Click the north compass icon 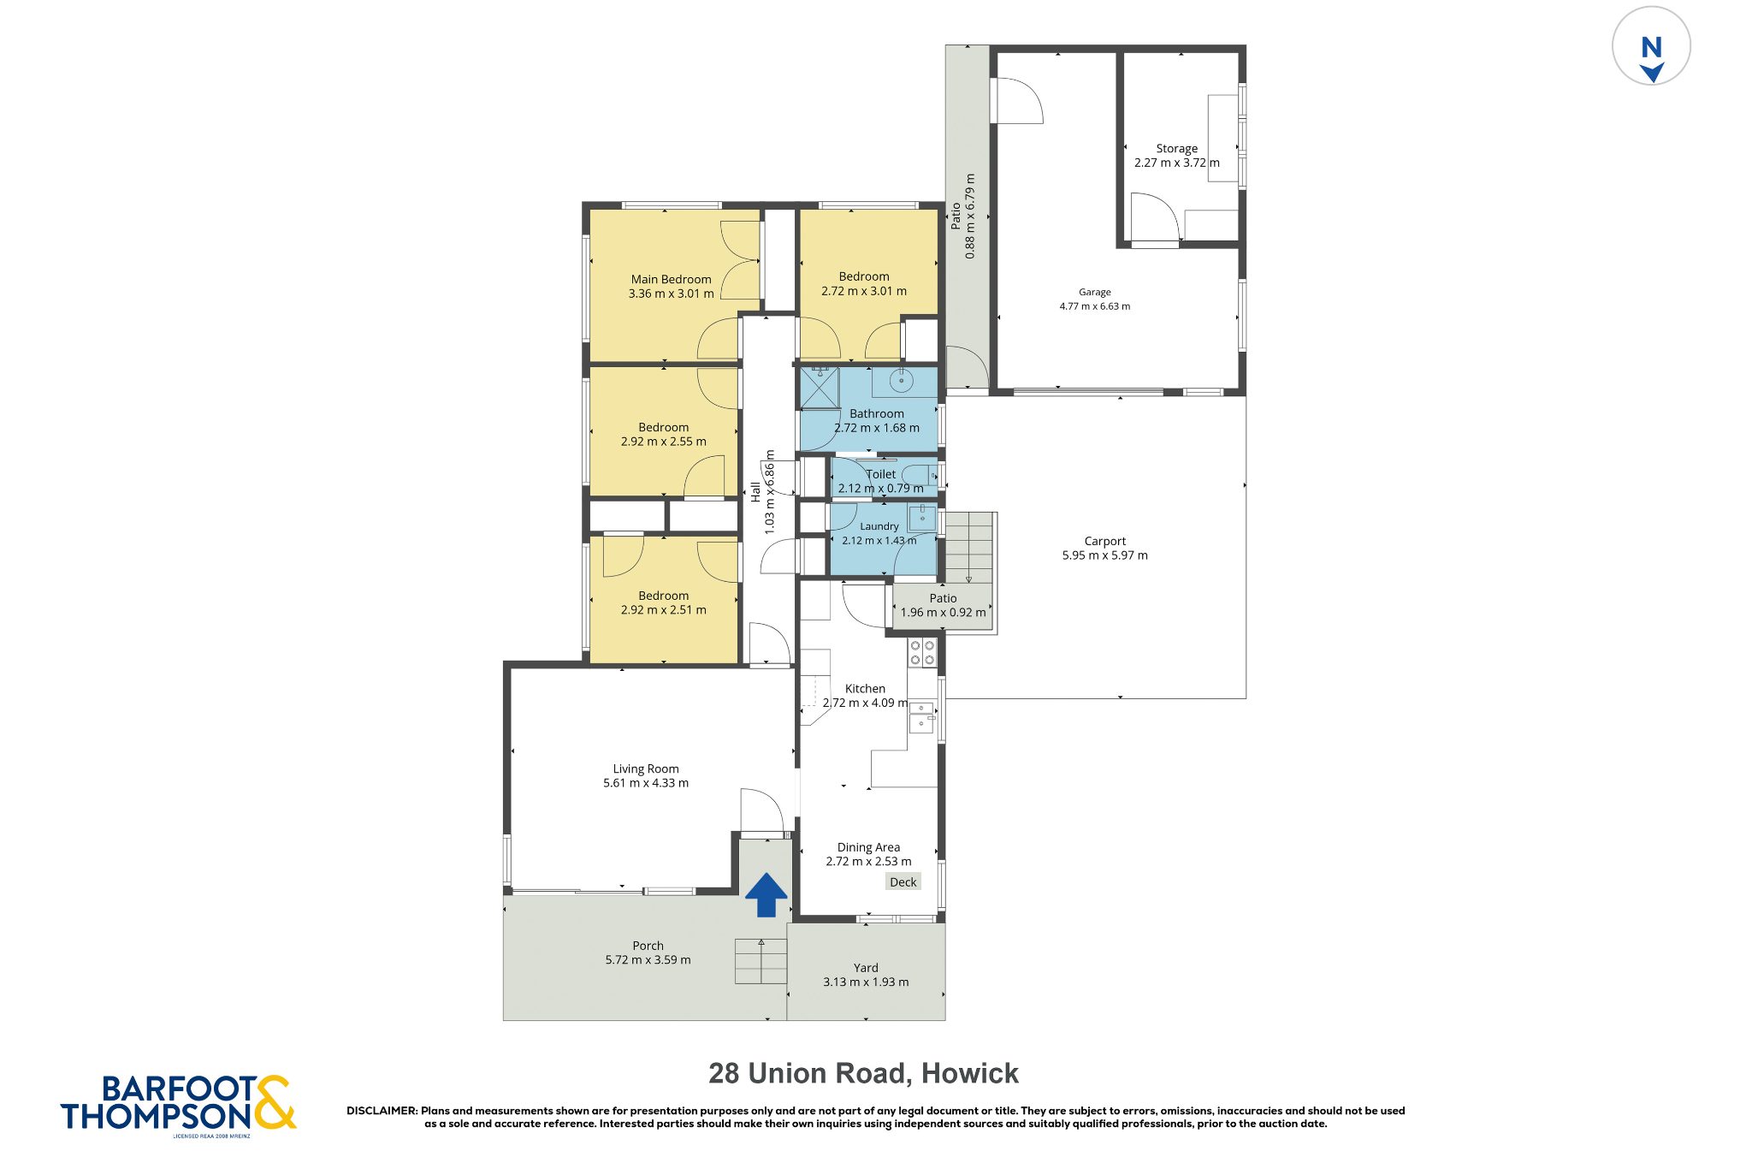click(1651, 46)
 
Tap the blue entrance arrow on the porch click(766, 894)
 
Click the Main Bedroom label click(672, 279)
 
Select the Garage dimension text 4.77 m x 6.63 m click(1095, 306)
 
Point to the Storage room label click(1177, 148)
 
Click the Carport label click(1105, 541)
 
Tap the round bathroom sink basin click(901, 380)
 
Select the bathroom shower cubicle click(820, 388)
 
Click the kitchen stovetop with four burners click(922, 653)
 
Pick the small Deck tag click(903, 882)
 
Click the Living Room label click(646, 768)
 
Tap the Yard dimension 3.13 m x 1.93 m click(866, 982)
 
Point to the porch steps click(761, 962)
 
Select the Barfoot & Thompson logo click(178, 1105)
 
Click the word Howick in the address click(970, 1073)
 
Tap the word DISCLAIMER click(382, 1111)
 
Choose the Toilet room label click(881, 474)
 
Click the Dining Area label click(868, 847)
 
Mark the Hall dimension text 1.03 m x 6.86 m click(769, 492)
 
